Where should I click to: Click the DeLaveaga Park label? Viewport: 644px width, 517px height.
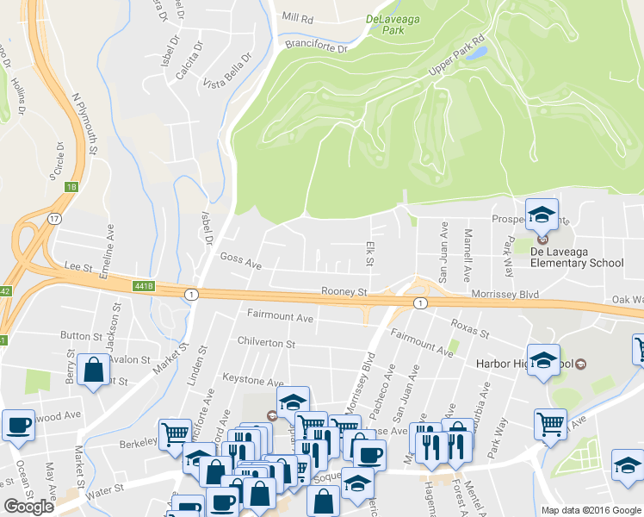tap(397, 23)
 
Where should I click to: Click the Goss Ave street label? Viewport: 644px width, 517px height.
tap(240, 258)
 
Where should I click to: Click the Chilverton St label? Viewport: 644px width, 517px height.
tap(266, 344)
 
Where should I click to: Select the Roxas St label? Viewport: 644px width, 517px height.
tap(471, 333)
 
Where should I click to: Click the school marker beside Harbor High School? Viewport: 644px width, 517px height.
tap(543, 360)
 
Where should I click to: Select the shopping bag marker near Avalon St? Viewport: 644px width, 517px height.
tap(92, 371)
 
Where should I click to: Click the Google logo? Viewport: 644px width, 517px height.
tap(29, 507)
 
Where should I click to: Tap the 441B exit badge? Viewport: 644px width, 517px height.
tap(143, 286)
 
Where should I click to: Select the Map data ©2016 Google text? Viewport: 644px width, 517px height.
tap(591, 510)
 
